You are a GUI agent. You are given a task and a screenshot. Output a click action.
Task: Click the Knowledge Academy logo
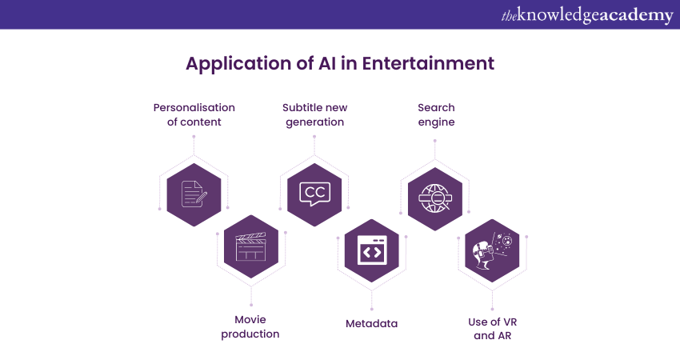point(587,15)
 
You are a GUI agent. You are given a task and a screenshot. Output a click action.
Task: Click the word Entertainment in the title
point(428,63)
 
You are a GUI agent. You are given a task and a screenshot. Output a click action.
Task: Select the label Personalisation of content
point(194,114)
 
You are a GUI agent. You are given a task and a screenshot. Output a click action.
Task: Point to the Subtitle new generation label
point(315,114)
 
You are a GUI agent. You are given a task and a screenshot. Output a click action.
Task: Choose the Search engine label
point(436,114)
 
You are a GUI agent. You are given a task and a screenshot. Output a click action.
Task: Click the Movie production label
point(250,326)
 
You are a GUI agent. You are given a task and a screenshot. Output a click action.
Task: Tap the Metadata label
point(372,323)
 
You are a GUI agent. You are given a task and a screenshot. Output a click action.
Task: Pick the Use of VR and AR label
point(493,329)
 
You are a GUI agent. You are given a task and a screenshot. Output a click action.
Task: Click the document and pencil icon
point(194,194)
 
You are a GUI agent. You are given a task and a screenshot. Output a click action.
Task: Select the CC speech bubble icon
point(315,194)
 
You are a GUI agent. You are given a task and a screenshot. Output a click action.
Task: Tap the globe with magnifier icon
point(435,198)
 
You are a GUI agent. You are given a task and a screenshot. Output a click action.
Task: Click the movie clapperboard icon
point(250,246)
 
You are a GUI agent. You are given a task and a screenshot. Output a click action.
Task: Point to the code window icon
point(372,250)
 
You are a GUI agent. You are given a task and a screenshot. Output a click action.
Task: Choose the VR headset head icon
point(492,250)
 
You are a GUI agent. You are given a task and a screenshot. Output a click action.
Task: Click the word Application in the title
point(238,64)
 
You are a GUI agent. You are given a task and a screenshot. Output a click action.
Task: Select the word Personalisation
point(194,107)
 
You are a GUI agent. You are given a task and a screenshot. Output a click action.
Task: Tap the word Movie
point(250,320)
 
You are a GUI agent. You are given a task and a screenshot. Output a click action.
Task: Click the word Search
point(436,107)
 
